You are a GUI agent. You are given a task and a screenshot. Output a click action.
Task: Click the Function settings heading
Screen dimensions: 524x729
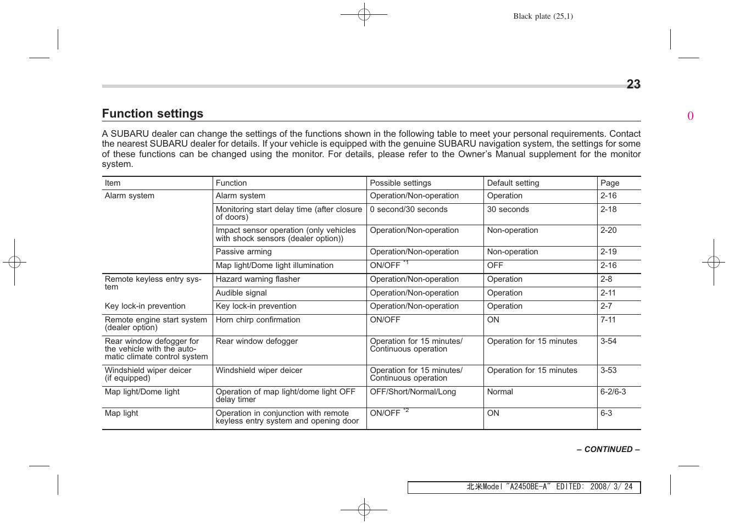point(153,114)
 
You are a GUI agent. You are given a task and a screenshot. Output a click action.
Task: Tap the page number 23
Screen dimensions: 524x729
point(633,85)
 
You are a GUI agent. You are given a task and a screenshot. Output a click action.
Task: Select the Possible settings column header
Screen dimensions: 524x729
point(400,183)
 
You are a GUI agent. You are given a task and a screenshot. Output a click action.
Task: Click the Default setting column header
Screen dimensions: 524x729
point(513,183)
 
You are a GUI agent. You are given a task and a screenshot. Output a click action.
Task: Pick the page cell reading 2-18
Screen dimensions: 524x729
point(608,209)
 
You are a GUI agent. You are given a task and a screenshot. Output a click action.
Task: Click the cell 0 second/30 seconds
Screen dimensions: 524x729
point(409,209)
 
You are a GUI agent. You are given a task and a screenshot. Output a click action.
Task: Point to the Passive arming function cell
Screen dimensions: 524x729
point(244,252)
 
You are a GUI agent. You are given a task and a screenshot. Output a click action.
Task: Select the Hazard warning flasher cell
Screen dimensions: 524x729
point(258,279)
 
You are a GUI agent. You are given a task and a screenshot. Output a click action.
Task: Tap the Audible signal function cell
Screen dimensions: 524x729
point(241,293)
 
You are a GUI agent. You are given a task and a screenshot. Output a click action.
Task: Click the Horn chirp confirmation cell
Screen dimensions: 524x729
point(258,320)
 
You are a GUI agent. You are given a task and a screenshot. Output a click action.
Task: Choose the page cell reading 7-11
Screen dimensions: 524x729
point(608,320)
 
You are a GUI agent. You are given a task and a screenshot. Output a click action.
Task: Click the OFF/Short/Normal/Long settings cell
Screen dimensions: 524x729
point(413,392)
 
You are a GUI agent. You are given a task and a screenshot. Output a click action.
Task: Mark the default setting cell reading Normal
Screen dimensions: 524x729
point(500,392)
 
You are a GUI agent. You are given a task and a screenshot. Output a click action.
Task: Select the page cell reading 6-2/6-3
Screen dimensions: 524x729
point(613,392)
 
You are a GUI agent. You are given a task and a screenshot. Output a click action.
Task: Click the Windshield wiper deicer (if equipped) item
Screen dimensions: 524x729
point(148,374)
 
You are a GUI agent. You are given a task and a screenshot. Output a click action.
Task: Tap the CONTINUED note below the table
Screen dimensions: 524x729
point(608,449)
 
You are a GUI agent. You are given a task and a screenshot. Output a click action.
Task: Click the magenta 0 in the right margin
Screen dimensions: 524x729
point(691,116)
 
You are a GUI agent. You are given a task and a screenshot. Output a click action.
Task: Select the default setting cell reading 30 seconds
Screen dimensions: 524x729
point(508,209)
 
